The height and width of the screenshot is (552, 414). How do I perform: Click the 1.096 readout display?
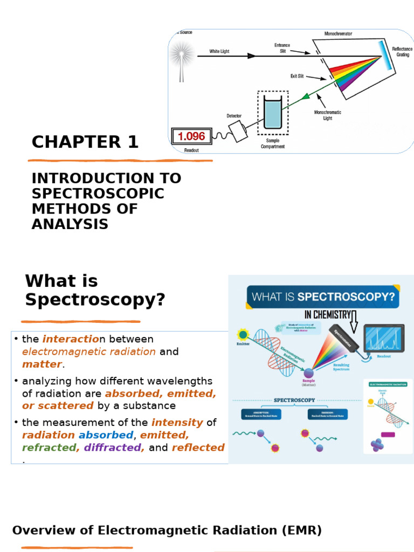191,136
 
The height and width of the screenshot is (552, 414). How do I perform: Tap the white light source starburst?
181,54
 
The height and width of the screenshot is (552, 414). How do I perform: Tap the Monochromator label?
338,33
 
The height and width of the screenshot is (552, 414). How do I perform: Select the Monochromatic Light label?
327,115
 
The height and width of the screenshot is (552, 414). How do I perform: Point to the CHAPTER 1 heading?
85,142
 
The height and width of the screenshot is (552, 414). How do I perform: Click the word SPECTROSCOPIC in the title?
98,194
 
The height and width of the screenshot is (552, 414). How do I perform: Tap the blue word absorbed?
106,435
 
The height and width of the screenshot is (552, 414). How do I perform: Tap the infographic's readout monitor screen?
383,338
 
